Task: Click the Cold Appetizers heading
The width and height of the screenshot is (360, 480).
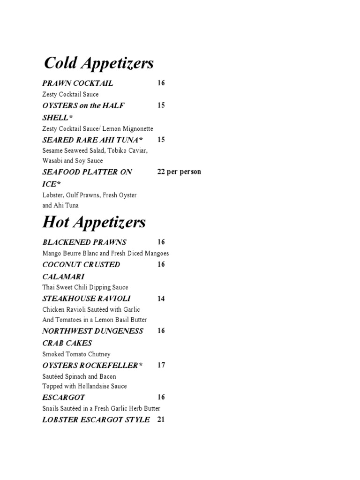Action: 98,63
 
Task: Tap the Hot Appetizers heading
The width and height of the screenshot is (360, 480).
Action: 94,222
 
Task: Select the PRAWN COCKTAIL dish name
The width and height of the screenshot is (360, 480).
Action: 78,83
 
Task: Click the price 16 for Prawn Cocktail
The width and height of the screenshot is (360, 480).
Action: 161,83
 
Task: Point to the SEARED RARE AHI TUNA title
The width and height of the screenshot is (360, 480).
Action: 93,140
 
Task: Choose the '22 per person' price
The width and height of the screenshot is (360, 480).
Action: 179,172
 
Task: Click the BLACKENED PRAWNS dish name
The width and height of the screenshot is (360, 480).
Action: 84,242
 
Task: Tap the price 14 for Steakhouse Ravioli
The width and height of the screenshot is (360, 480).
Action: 161,299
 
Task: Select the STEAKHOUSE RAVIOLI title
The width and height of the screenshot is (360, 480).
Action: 87,299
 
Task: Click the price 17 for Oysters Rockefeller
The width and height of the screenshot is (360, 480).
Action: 161,365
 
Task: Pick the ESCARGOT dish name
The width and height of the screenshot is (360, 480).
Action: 64,397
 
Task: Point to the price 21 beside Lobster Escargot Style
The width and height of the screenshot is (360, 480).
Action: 161,420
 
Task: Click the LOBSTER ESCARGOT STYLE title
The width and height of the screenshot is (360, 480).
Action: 96,420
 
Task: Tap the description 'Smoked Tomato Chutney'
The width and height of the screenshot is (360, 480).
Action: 76,354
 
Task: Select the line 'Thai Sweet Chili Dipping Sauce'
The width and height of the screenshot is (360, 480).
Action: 85,287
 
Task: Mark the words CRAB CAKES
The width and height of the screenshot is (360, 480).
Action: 67,343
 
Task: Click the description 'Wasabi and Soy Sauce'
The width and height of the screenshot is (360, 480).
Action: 73,161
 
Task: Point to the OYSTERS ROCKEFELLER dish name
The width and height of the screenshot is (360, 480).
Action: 92,365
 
